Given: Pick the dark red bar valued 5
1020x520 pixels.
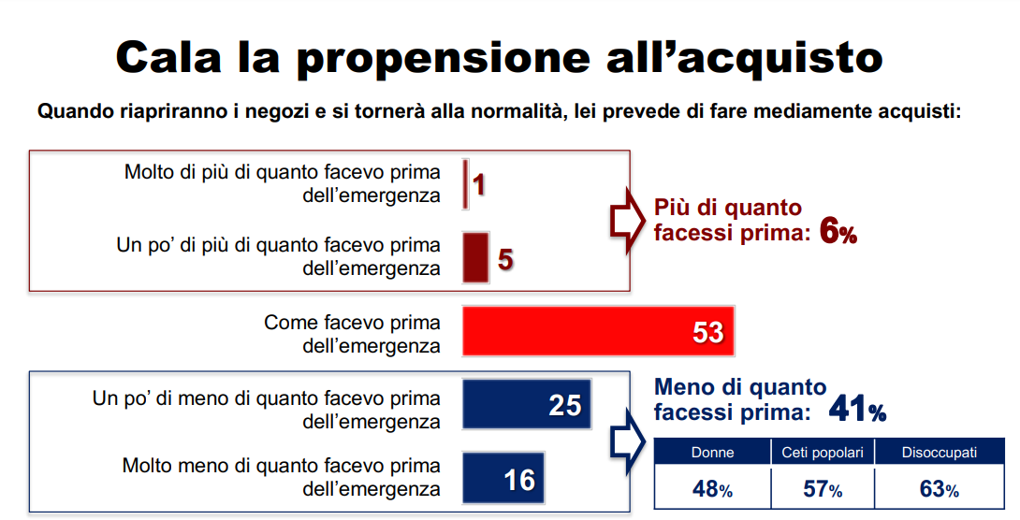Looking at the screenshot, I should (475, 257).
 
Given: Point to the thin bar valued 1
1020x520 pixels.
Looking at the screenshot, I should (465, 184).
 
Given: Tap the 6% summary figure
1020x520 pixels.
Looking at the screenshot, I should (838, 230).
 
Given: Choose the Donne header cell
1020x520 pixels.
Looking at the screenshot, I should (712, 453).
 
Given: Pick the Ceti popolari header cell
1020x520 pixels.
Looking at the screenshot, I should (823, 453).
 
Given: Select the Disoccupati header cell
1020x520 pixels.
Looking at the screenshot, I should (939, 453).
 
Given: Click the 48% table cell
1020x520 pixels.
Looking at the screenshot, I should (712, 488).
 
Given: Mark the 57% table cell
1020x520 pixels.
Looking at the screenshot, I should (823, 488).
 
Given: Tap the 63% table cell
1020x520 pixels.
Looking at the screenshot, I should (939, 488).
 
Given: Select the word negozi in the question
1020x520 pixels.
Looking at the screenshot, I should (269, 112).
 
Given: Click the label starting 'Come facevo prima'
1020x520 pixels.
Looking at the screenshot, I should (352, 334).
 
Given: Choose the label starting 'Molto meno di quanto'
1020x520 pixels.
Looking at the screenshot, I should (282, 477).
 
